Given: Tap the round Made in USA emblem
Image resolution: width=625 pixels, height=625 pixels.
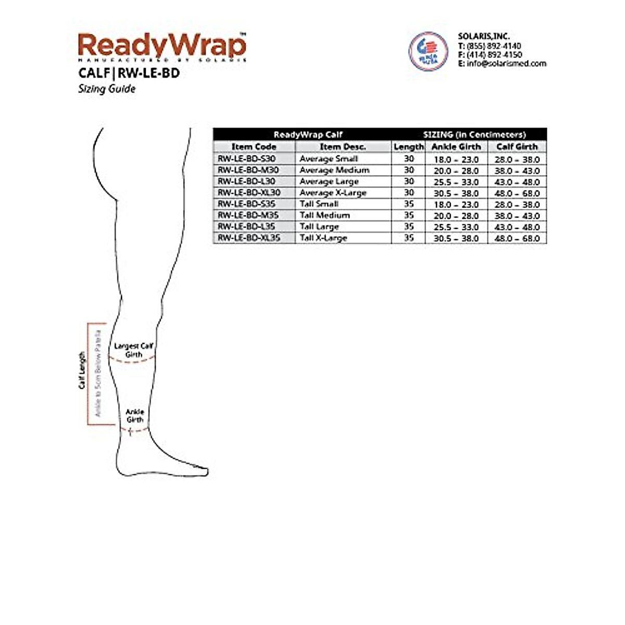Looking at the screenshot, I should coord(428,51).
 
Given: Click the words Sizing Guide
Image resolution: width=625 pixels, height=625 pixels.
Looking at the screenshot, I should coord(107,89).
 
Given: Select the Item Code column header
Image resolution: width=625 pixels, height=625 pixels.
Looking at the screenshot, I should coord(254,147).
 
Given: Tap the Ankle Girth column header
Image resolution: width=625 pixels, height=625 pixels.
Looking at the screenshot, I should coord(456,147).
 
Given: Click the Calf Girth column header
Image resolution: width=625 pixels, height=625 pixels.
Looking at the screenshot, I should coord(517,147).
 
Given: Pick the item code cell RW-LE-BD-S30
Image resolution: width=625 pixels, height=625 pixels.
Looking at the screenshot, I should coord(246,159).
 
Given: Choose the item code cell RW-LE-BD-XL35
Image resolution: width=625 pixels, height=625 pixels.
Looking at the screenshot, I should coord(249,238).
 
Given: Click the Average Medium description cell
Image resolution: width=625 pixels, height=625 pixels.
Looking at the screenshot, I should coord(334,170).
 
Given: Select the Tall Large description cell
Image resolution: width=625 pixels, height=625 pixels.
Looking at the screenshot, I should coord(319,227).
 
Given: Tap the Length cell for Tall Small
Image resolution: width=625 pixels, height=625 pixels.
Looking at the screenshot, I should coord(409,204).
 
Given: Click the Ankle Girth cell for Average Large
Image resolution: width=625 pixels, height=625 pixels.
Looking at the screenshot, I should coord(456,182).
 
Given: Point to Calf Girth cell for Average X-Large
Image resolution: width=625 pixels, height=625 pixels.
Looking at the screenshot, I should coord(517,193).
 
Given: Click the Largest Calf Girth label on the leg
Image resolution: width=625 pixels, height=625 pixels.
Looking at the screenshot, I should coord(134,350).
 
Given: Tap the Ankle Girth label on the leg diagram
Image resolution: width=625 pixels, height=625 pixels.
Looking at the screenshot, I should coord(135,416).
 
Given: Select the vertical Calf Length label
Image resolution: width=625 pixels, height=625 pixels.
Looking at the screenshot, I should coord(82,370).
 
